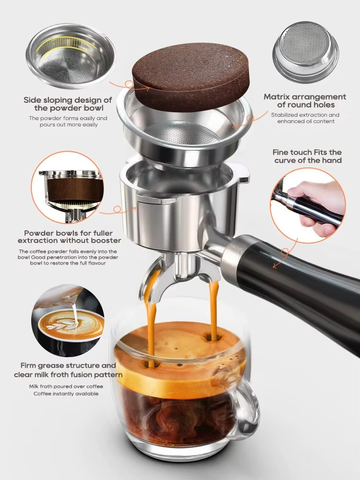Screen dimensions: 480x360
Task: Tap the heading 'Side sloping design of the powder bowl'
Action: pos(68,104)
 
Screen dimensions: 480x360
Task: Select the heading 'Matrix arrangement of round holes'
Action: pos(305,101)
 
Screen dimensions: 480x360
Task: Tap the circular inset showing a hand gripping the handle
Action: pos(307,205)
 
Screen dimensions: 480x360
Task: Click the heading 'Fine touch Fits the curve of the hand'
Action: pos(308,156)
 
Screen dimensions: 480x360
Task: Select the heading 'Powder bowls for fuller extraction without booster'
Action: pos(69,236)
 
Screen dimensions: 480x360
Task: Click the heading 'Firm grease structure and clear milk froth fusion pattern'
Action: pos(68,370)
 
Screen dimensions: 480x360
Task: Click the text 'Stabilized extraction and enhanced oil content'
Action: pos(305,118)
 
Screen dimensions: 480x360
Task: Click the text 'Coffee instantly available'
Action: pos(66,394)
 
